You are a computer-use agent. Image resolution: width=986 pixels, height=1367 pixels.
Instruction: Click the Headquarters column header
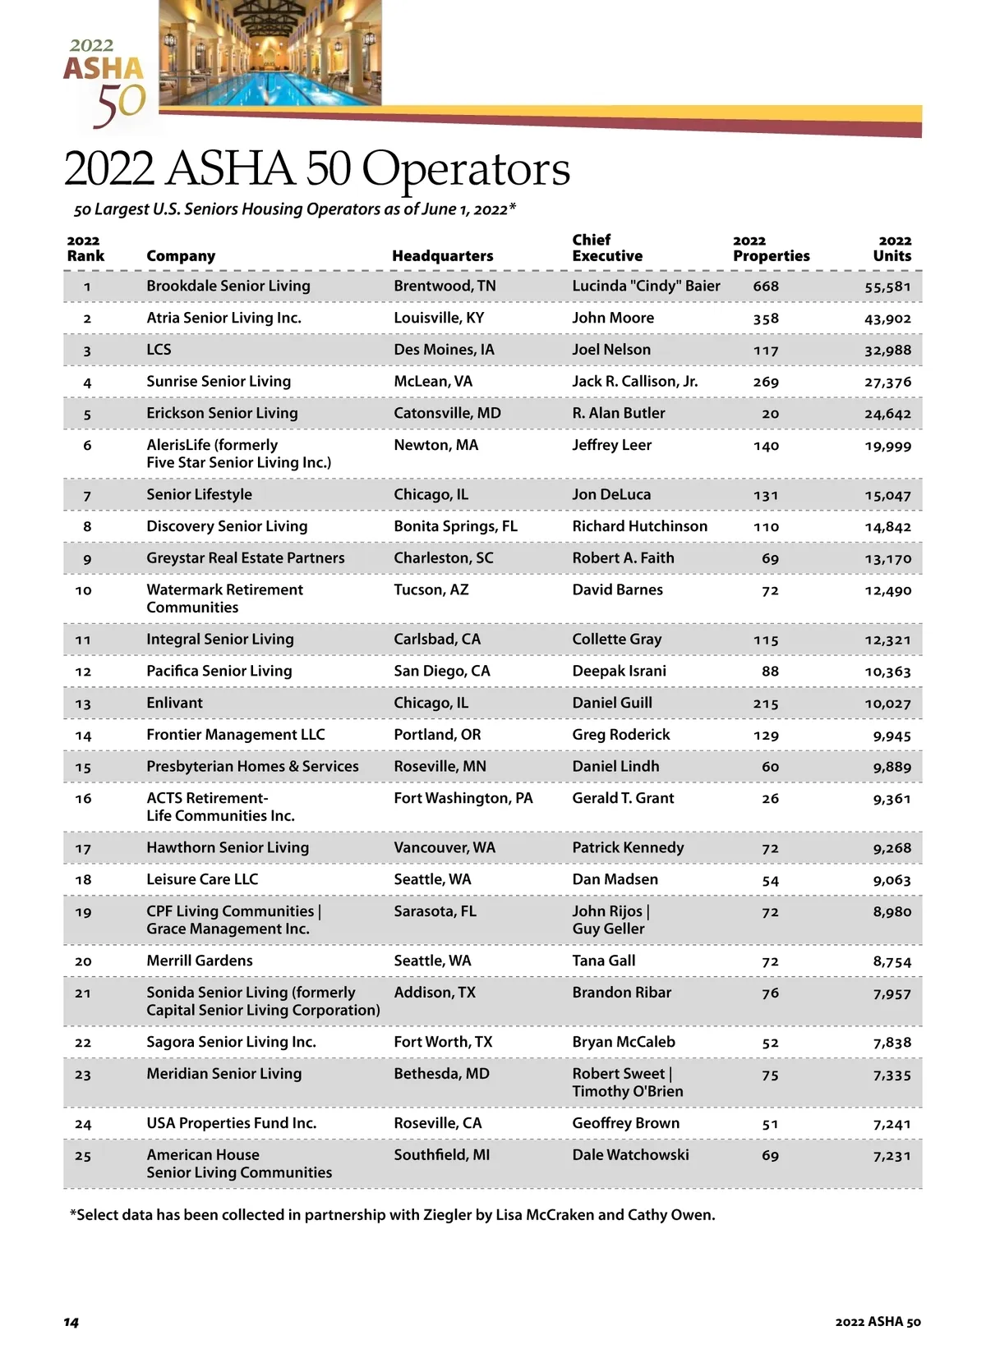click(442, 256)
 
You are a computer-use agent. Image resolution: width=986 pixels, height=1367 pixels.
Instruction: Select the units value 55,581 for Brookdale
click(887, 287)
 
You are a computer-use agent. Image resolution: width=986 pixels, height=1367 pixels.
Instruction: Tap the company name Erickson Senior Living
click(222, 413)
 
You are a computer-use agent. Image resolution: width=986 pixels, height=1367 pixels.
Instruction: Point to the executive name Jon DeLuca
click(611, 494)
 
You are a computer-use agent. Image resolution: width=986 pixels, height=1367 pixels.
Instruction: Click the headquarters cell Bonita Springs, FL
click(455, 526)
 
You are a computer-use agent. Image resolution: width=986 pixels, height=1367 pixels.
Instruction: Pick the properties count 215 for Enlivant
click(766, 704)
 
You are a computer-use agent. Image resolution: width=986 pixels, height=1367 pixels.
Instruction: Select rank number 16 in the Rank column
click(83, 799)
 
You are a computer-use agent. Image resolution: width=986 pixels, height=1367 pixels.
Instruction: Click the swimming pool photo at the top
click(270, 53)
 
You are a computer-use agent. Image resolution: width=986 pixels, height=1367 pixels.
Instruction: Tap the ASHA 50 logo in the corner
click(105, 82)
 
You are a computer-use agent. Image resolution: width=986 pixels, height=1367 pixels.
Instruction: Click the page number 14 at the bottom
click(71, 1322)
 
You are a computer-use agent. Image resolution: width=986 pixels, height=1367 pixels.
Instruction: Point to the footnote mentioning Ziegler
click(393, 1215)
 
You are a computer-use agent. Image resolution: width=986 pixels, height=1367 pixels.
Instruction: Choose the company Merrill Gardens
click(200, 961)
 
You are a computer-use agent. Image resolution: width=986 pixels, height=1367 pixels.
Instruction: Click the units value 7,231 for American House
click(892, 1156)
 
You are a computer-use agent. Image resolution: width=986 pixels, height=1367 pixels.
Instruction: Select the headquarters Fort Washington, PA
click(463, 798)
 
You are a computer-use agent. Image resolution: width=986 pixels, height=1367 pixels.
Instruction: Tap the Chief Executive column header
click(607, 248)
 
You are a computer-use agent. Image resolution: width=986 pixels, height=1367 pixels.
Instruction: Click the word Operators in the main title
click(466, 169)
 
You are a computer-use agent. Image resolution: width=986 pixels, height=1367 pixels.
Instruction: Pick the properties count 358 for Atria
click(766, 319)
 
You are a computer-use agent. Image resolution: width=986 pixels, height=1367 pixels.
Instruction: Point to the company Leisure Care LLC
click(202, 879)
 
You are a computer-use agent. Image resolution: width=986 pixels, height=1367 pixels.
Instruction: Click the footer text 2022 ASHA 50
click(878, 1322)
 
